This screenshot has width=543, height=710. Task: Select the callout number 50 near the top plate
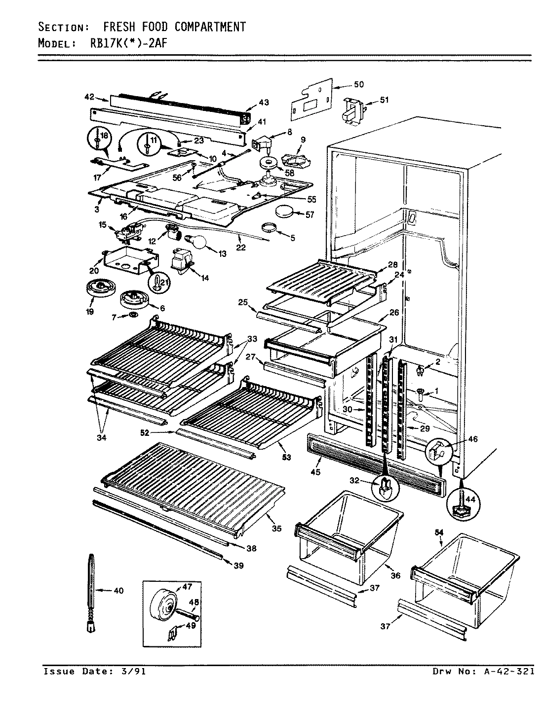click(358, 84)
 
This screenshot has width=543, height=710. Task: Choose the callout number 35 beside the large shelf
click(276, 528)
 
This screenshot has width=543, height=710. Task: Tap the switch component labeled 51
click(354, 109)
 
